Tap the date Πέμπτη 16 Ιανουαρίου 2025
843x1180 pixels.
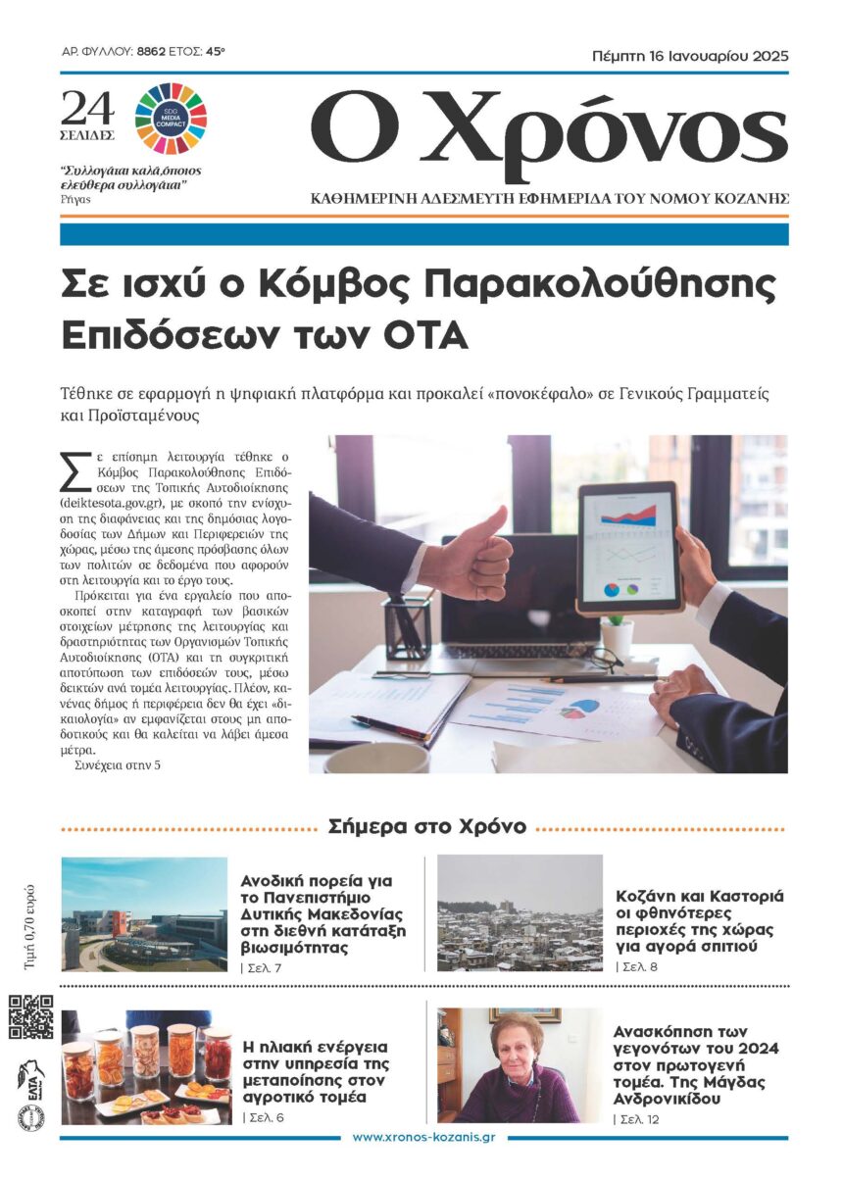(x=690, y=55)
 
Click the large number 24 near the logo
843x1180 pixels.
(x=88, y=108)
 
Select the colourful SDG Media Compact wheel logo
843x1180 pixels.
(x=171, y=118)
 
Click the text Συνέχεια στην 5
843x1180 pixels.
(x=117, y=763)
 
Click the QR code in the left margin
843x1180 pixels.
(x=30, y=1017)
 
